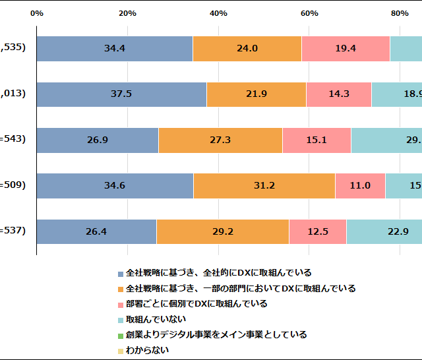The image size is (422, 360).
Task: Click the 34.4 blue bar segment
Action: point(115,48)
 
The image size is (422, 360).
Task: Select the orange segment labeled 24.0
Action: point(247,48)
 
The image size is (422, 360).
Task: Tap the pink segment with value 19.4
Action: point(346,48)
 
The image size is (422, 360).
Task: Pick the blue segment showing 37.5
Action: point(121,94)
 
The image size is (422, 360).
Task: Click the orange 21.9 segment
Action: point(256,94)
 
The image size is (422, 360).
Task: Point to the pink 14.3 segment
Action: point(339,94)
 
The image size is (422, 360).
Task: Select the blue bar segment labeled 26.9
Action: point(98,140)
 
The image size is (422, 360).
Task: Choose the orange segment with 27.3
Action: point(220,140)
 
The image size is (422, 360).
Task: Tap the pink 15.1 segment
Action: point(316,140)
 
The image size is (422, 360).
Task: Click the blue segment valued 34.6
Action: point(115,185)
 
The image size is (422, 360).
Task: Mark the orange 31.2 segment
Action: point(264,185)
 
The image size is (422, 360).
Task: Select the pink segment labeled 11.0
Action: point(360,185)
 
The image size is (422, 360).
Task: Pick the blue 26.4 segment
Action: point(96,231)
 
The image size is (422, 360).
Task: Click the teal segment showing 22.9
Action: point(384,231)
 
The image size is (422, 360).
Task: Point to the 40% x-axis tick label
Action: point(218,13)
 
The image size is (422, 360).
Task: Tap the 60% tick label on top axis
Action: point(309,13)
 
